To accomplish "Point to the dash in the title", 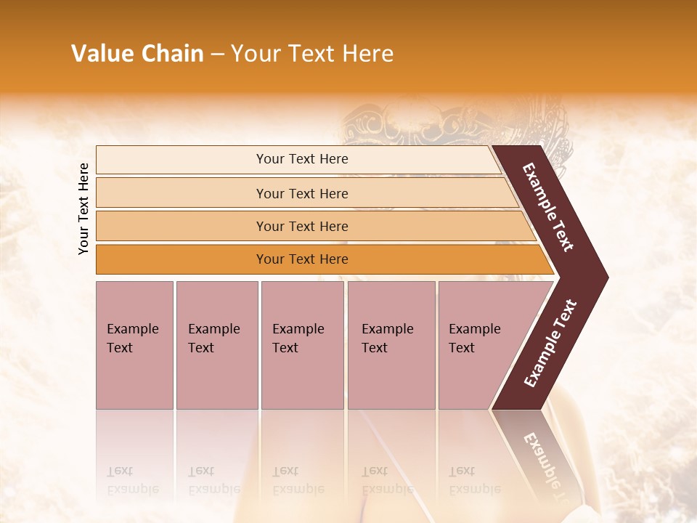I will [217, 54].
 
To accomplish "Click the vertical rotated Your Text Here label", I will [83, 208].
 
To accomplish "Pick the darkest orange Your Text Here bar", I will [319, 259].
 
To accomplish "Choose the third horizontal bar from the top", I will [312, 226].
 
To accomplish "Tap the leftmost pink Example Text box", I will [134, 345].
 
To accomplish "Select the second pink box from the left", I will [217, 345].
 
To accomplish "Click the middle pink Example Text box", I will [302, 345].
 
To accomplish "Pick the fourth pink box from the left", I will [391, 345].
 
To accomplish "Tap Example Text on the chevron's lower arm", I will [550, 344].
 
